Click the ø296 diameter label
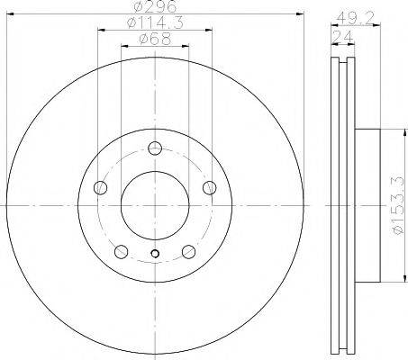coord(155,6)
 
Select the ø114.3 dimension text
coord(155,23)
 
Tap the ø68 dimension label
coord(155,40)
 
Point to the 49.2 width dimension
coord(356,19)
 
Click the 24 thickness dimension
coord(342,37)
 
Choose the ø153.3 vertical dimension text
coord(399,205)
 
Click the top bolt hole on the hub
coord(155,148)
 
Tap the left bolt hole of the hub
coord(101,188)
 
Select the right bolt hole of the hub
coord(210,188)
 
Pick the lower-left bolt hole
coord(122,251)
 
